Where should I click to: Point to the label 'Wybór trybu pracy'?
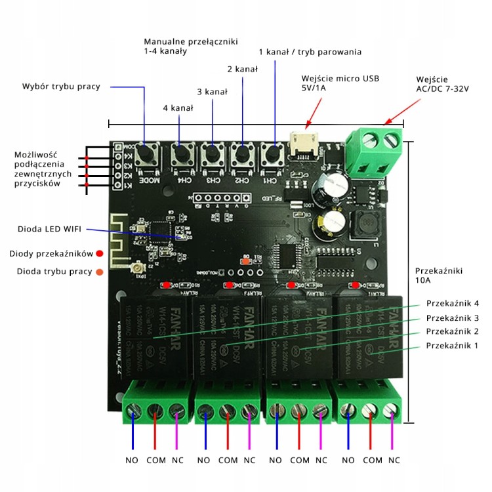(x=60, y=86)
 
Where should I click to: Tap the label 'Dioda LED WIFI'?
(x=50, y=229)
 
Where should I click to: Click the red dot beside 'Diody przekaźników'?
(x=100, y=253)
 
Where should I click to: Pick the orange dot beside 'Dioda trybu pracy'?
(x=100, y=272)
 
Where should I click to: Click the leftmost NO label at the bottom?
(x=133, y=461)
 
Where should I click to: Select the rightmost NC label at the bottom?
(x=394, y=461)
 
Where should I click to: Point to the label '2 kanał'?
(x=243, y=69)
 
